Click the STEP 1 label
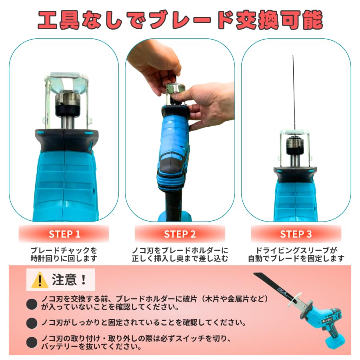tap(64, 234)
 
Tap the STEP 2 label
tap(180, 234)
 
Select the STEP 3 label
tap(296, 234)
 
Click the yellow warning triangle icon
tap(40, 280)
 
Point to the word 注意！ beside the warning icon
tap(70, 280)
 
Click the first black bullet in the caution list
tap(32, 304)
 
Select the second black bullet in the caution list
tap(32, 322)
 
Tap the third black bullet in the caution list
tap(32, 342)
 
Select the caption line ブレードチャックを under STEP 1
tap(64, 250)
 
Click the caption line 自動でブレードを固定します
tap(296, 258)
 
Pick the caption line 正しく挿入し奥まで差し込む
tap(180, 258)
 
